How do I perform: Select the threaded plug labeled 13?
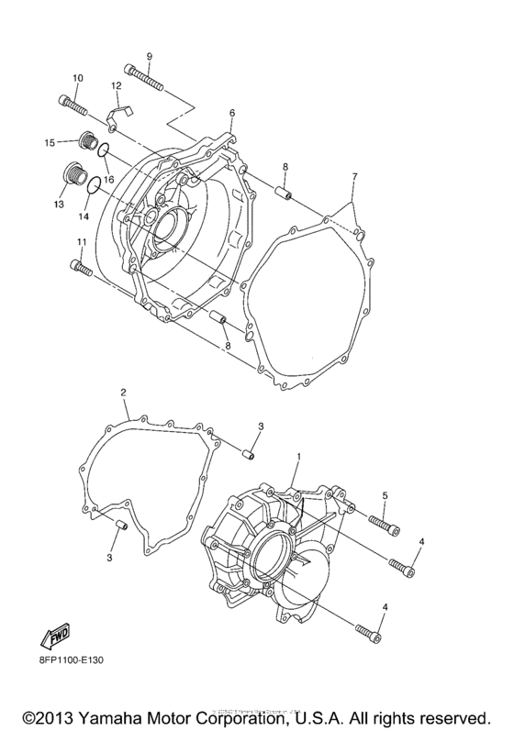(x=73, y=173)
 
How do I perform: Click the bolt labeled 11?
(x=81, y=268)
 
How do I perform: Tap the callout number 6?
(x=232, y=113)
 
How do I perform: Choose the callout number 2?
(x=123, y=393)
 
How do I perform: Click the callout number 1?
(x=297, y=455)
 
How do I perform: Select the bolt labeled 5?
(x=385, y=524)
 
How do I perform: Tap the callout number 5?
(x=385, y=496)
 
